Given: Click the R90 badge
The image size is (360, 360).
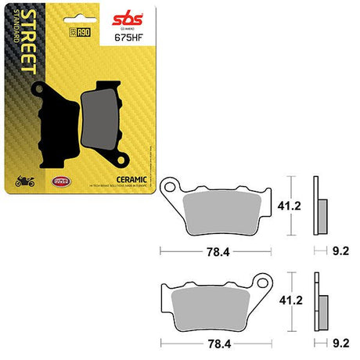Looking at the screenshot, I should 77,32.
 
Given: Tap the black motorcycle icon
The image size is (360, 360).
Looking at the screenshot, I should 23,182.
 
